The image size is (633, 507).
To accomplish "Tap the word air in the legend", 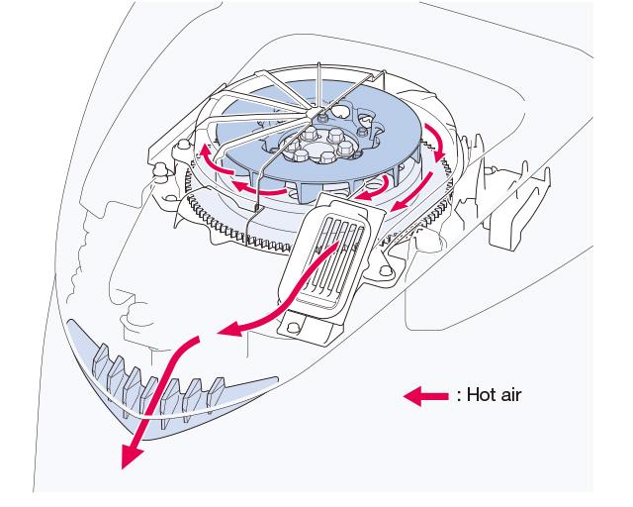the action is [510, 394].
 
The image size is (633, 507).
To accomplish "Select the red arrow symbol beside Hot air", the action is [426, 396].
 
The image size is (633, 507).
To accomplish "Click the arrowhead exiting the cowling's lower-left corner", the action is [131, 456].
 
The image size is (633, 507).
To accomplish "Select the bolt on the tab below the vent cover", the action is [294, 327].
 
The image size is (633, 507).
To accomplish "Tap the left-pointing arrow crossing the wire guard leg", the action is [258, 187].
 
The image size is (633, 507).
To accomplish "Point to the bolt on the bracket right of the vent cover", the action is [387, 271].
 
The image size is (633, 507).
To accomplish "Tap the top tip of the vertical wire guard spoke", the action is [318, 63].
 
